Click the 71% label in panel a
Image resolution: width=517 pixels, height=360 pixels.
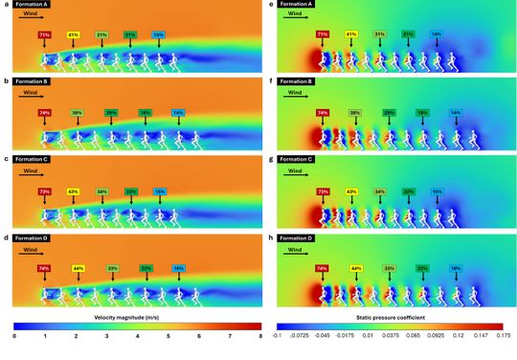pyautogui.click(x=44, y=35)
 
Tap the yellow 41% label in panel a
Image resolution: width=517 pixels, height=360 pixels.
pyautogui.click(x=73, y=35)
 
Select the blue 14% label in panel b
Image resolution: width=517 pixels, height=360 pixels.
pyautogui.click(x=178, y=113)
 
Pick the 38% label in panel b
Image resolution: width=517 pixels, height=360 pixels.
pyautogui.click(x=77, y=113)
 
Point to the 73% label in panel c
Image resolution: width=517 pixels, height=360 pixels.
pyautogui.click(x=44, y=191)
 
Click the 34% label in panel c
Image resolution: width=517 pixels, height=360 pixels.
pyautogui.click(x=101, y=191)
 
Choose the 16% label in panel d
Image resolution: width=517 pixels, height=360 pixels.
pyautogui.click(x=178, y=269)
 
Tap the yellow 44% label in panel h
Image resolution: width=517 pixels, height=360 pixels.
pyautogui.click(x=356, y=269)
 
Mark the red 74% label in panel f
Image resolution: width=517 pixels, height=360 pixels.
pyautogui.click(x=323, y=113)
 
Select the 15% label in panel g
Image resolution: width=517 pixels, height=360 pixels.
pyautogui.click(x=438, y=191)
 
